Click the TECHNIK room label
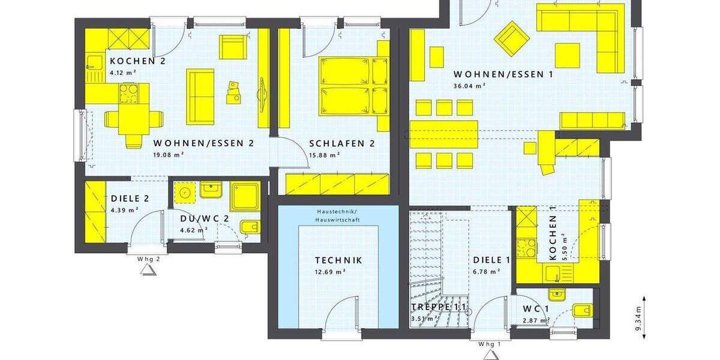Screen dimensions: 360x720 pos(339,260)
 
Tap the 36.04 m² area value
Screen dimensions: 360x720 pos(469,86)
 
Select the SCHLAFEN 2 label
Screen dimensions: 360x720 pos(341,143)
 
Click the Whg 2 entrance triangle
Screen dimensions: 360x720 pos(148,270)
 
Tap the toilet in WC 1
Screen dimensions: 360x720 pos(581,311)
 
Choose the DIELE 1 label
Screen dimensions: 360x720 pos(491,260)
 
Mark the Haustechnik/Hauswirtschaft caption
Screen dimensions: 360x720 pos(339,217)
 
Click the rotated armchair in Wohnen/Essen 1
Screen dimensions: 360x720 pos(512,38)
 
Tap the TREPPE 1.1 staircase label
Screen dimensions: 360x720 pos(438,307)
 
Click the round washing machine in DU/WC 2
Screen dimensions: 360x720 pos(184,193)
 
